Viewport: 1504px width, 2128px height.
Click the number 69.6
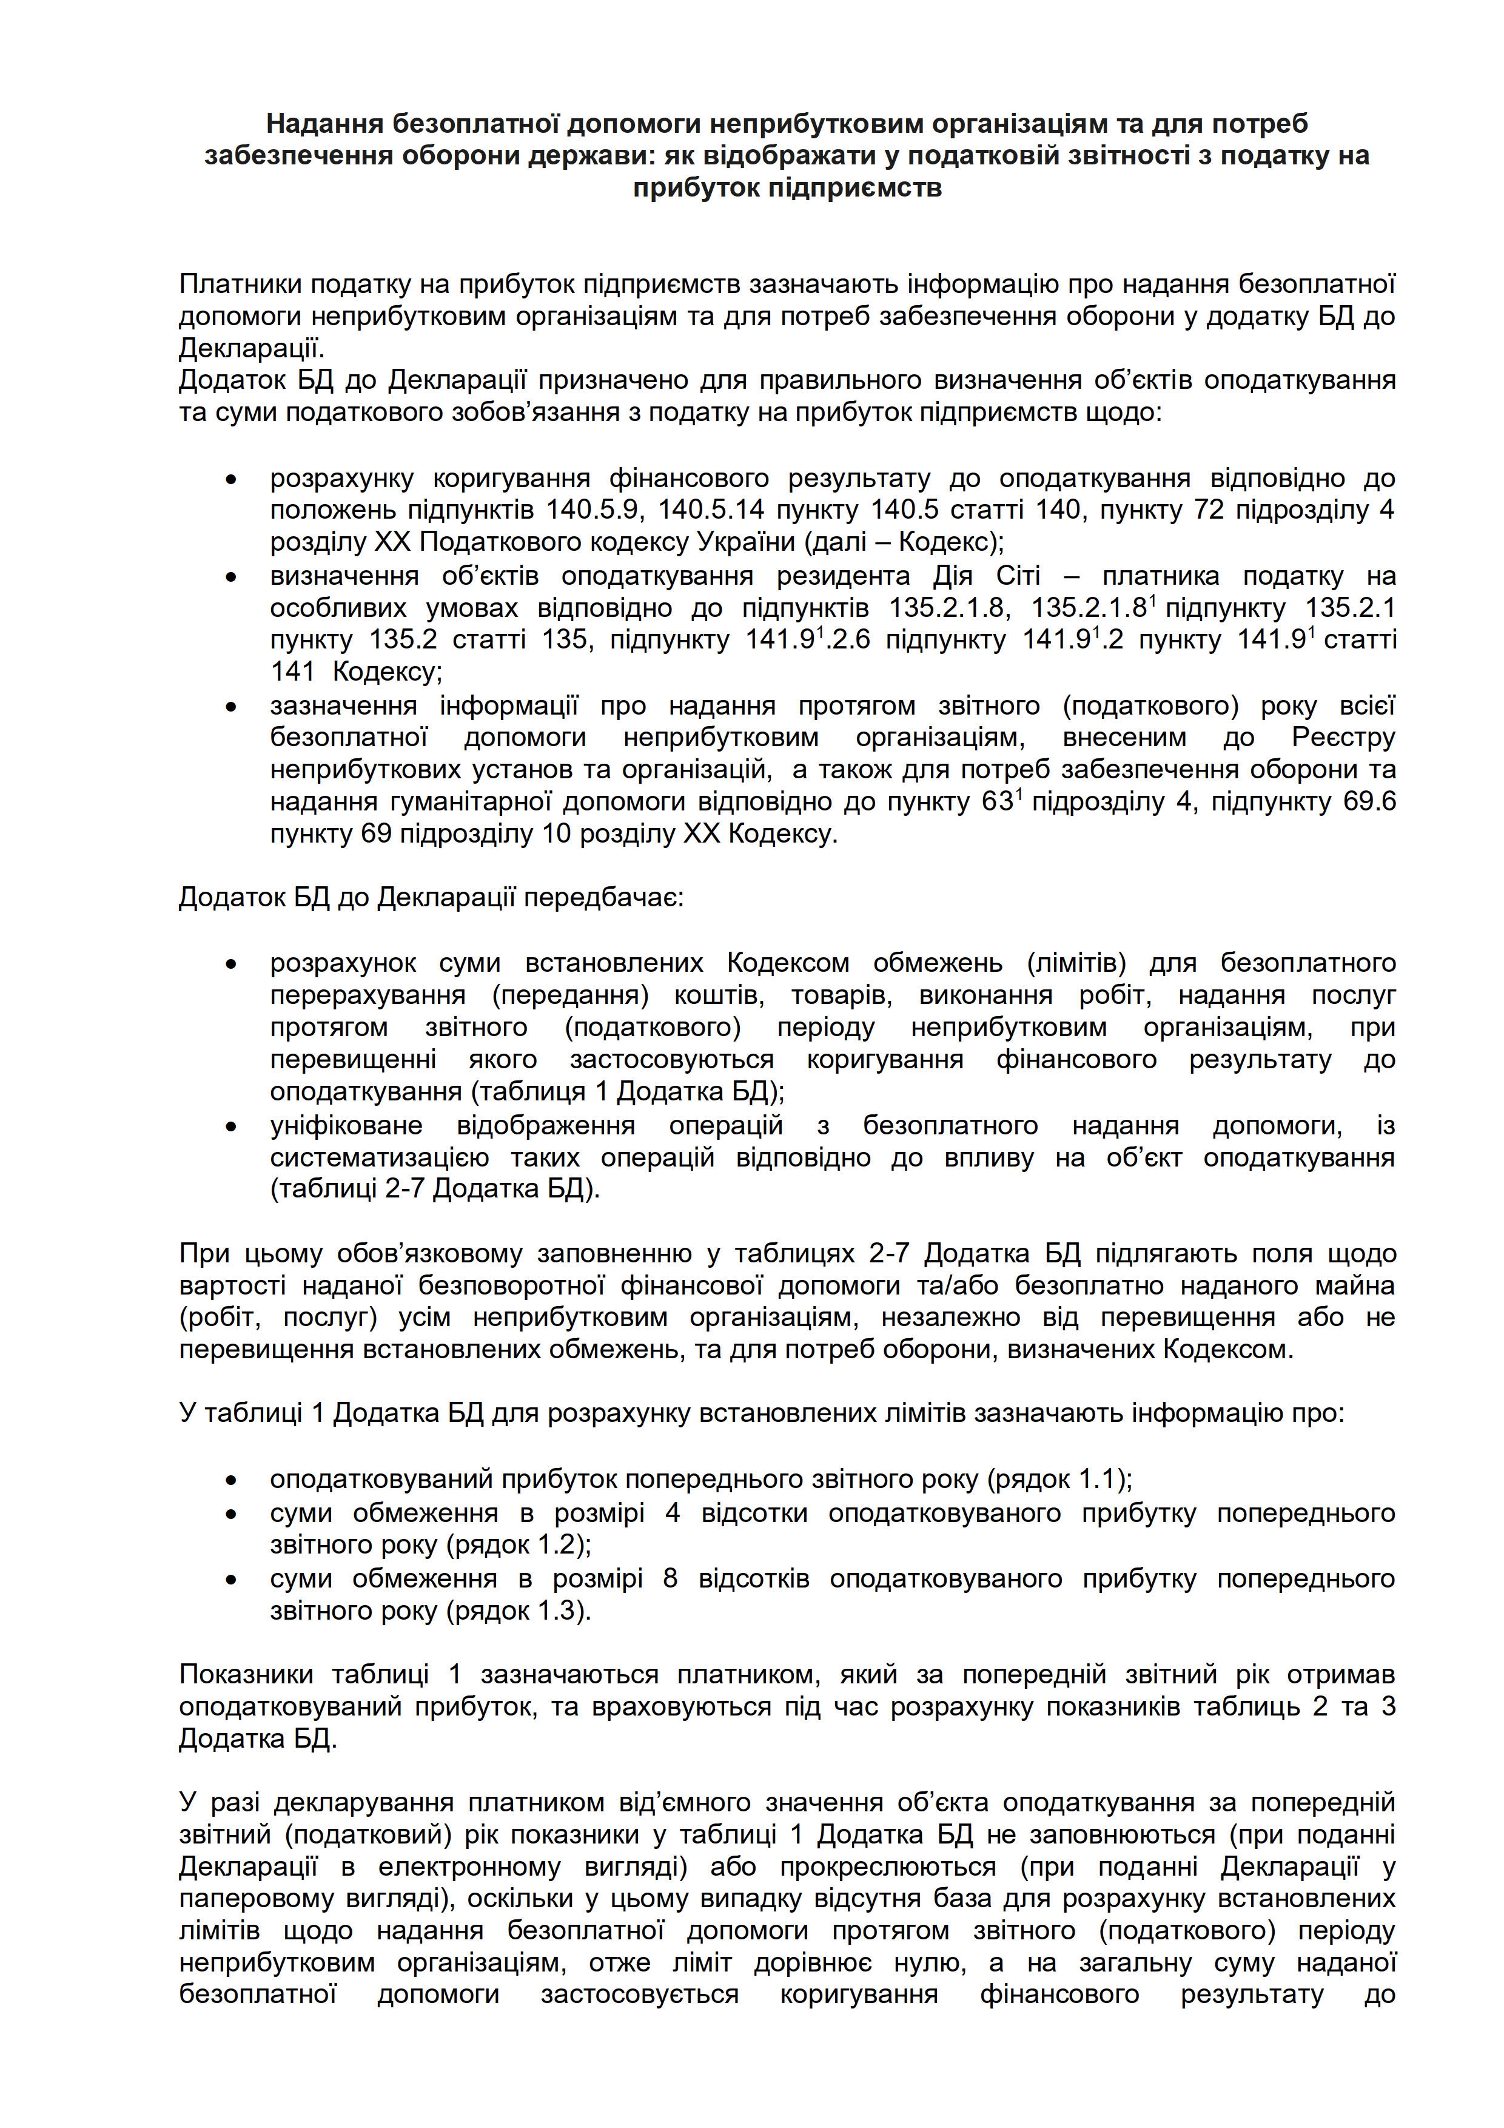1369,801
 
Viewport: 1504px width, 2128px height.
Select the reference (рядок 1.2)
519,1544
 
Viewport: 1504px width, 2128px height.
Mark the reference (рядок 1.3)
519,1610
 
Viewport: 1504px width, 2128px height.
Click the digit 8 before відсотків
671,1577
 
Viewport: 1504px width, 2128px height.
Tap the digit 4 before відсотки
673,1512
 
